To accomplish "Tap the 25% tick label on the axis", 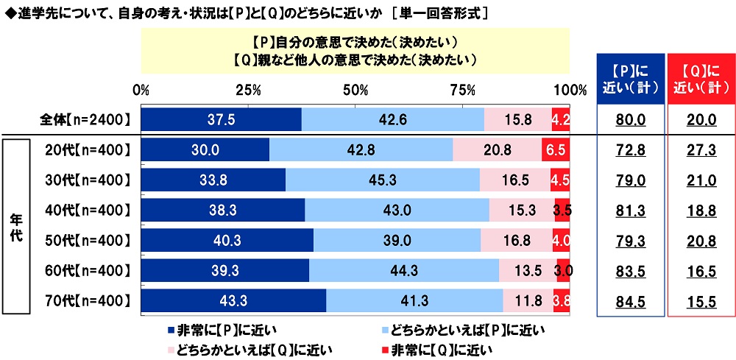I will (x=249, y=91).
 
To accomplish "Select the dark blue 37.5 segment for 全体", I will (x=221, y=119).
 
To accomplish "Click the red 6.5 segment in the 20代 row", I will (x=556, y=149).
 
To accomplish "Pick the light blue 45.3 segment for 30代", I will (x=383, y=180).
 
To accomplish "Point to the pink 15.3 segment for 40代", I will (x=522, y=210).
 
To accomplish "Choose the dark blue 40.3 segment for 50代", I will (x=227, y=240).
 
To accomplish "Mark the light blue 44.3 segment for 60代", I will (x=404, y=270).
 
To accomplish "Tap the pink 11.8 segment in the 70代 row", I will (x=528, y=300).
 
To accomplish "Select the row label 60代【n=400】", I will (x=87, y=270).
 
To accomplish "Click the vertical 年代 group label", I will (x=15, y=225).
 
